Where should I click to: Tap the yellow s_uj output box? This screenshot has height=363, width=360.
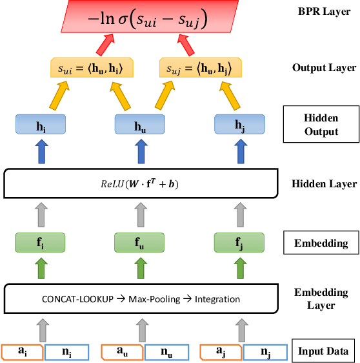(195, 67)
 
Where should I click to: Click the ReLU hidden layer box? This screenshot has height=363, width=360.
(140, 183)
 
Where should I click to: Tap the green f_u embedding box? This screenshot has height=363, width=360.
(140, 244)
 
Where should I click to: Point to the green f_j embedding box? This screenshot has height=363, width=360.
(240, 244)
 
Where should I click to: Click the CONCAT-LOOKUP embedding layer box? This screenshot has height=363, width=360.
(140, 299)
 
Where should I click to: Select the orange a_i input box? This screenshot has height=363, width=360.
(23, 352)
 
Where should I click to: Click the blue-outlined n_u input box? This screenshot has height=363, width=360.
(166, 352)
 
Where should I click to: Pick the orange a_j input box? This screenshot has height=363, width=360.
(221, 352)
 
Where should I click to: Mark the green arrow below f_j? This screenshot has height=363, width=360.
(240, 268)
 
